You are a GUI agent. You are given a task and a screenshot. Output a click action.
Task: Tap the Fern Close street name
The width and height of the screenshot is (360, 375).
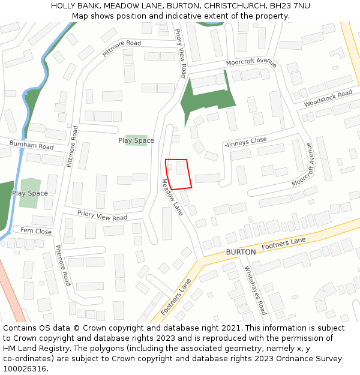point(35,231)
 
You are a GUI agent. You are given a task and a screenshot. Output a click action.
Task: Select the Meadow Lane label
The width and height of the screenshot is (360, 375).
point(172,197)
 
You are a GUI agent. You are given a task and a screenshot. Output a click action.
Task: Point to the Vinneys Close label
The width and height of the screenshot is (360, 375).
point(245,142)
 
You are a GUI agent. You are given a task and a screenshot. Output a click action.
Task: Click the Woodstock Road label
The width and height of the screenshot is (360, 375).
point(328,99)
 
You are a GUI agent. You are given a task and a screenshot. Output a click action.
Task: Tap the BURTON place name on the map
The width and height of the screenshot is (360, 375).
point(241,252)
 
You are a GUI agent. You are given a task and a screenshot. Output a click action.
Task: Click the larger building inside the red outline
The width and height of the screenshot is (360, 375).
point(181,167)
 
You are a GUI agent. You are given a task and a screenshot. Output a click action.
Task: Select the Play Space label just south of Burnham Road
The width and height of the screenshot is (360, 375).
point(30,193)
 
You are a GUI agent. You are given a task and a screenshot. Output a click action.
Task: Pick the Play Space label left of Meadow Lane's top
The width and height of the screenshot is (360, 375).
point(136,140)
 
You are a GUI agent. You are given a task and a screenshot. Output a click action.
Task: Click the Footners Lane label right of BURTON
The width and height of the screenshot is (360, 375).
point(284,243)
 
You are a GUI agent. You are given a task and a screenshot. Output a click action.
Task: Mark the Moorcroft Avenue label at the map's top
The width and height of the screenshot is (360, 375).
point(251,62)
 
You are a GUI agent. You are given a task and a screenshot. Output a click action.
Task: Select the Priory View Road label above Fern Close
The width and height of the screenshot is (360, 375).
point(102,215)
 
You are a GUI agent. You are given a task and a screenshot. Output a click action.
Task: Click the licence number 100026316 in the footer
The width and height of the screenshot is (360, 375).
point(25,369)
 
